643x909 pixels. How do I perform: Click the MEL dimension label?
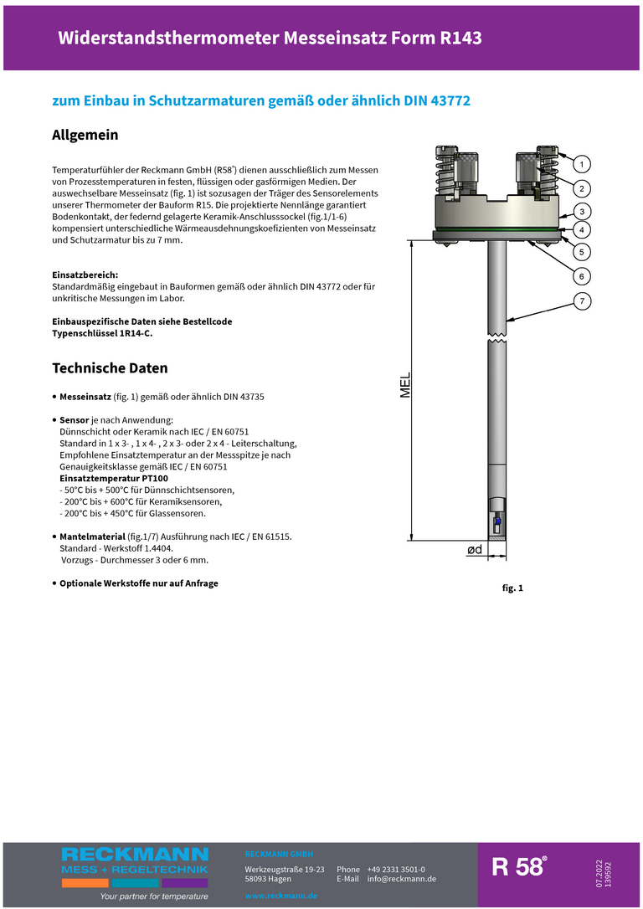405,385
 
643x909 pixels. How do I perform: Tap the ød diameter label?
474,550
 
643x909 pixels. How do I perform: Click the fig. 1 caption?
512,588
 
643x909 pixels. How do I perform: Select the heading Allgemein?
85,135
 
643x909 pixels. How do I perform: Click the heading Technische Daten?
110,368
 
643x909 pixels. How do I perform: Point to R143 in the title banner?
460,38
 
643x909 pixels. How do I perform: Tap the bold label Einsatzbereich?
85,275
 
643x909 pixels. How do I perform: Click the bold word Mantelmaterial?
92,536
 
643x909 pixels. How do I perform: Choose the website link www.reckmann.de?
280,896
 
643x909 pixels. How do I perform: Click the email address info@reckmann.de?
401,879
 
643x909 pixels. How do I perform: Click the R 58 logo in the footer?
519,867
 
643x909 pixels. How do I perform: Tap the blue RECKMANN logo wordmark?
135,855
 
